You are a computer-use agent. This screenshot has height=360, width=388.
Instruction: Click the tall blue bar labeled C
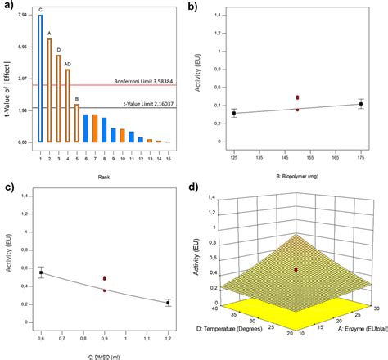coord(40,79)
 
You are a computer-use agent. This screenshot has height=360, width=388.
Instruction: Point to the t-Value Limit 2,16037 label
coord(147,104)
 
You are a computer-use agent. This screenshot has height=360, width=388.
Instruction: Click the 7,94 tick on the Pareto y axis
coord(21,16)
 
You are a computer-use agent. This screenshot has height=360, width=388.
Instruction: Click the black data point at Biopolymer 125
coord(233,113)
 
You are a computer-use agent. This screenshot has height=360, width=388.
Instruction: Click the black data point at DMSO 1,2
coord(168,303)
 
